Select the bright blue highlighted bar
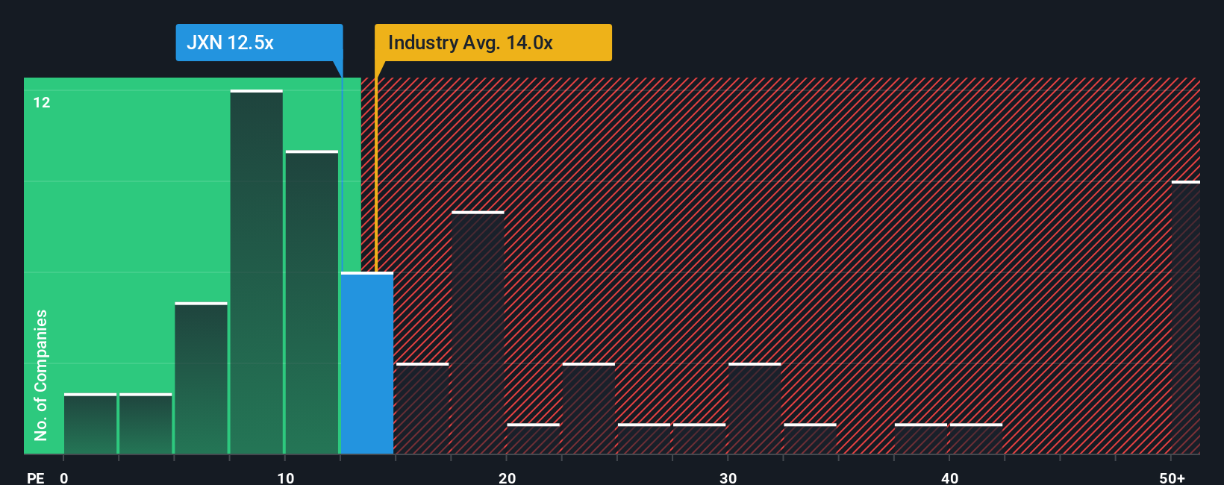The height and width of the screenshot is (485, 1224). click(x=367, y=363)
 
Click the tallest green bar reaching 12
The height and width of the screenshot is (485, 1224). click(x=257, y=272)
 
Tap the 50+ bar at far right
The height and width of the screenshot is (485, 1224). click(x=1185, y=317)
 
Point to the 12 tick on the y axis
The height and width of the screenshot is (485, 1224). click(x=42, y=103)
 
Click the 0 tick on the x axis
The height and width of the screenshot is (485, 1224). click(x=64, y=478)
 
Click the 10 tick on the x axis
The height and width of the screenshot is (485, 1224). click(x=285, y=478)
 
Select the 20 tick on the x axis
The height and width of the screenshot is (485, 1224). click(x=507, y=478)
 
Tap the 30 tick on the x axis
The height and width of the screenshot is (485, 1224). click(x=728, y=478)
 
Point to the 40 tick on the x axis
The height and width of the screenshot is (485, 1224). click(x=949, y=478)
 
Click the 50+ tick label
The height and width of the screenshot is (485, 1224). click(x=1172, y=478)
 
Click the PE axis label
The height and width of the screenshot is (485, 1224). click(x=35, y=478)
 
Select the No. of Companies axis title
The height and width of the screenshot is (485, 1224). click(x=41, y=375)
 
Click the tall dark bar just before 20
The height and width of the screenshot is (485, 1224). click(x=478, y=333)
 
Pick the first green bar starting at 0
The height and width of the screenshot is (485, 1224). click(x=90, y=424)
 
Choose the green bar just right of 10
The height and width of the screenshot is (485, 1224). click(x=312, y=302)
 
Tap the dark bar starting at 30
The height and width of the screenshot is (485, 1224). click(x=755, y=409)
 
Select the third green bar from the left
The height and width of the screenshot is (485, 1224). click(x=201, y=378)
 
